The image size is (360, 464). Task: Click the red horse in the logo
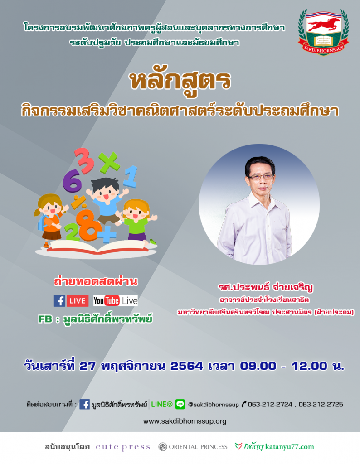(x=324, y=24)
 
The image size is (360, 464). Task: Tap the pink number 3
(x=84, y=160)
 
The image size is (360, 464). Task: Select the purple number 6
(x=72, y=181)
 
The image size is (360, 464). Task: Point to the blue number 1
(x=131, y=177)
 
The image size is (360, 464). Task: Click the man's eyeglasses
(x=261, y=177)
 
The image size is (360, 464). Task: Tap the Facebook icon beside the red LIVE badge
(x=59, y=301)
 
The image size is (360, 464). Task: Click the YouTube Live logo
(x=116, y=301)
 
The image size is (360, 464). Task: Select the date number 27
(x=88, y=366)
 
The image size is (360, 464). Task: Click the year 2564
(x=186, y=366)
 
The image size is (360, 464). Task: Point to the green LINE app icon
(x=180, y=404)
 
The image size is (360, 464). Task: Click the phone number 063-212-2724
(x=270, y=405)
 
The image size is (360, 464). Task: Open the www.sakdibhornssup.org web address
(x=185, y=421)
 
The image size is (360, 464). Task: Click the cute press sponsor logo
(x=122, y=447)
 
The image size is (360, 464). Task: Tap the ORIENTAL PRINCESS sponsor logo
(x=193, y=447)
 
